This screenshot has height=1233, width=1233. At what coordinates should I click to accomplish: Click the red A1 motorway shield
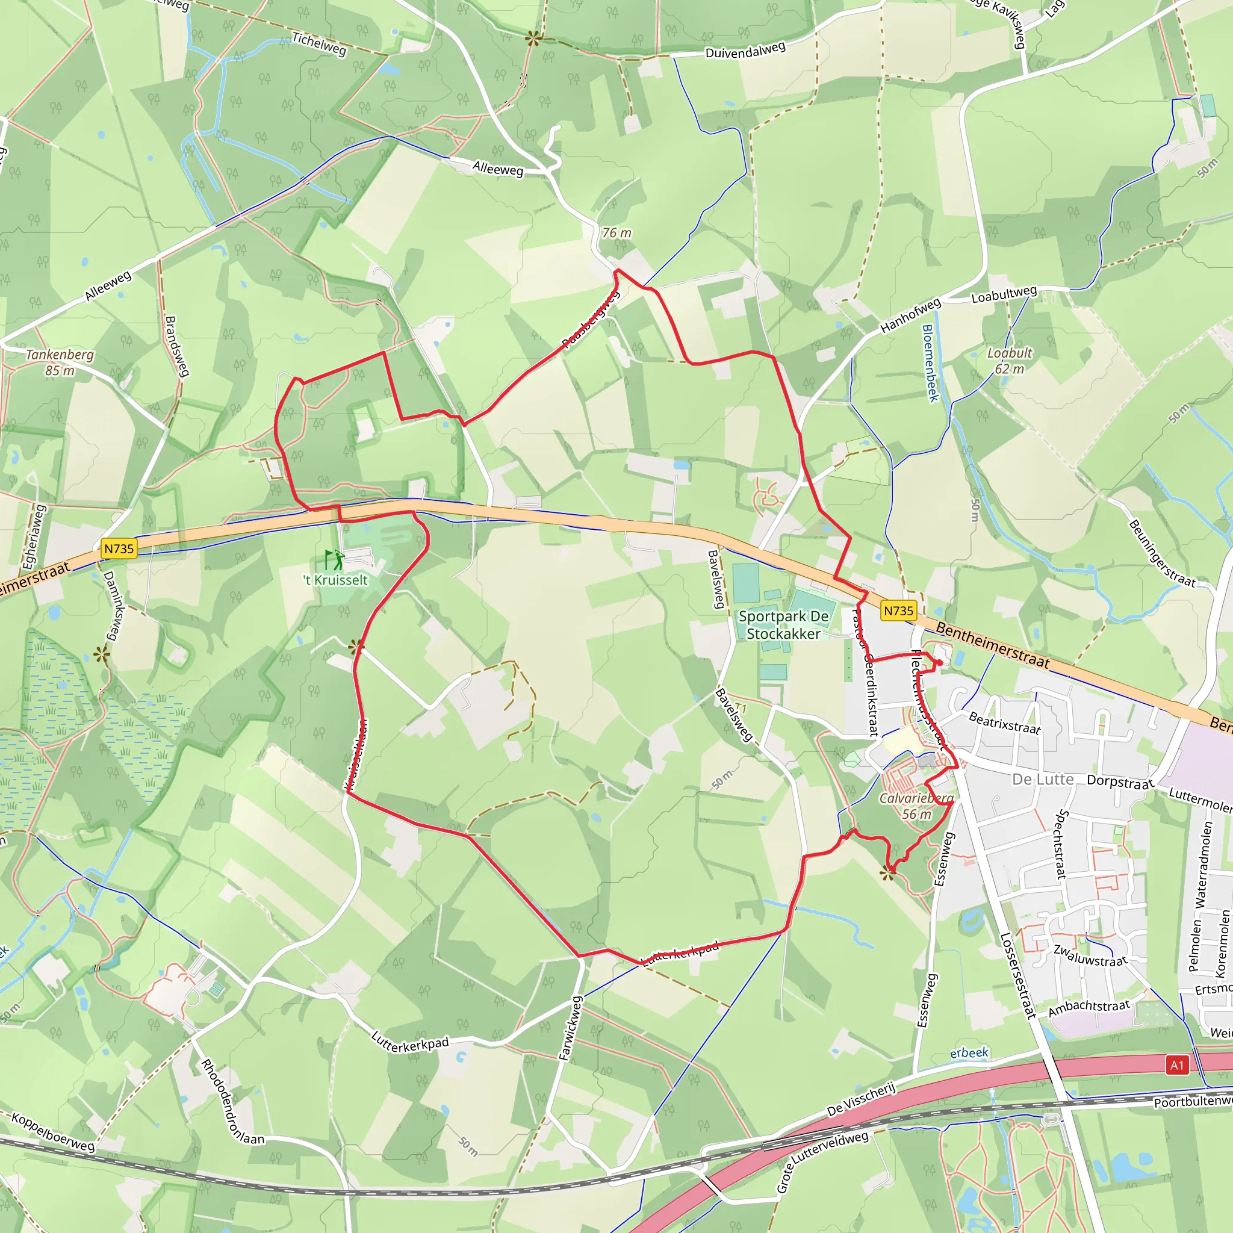[1177, 1065]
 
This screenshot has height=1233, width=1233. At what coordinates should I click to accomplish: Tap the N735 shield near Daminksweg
[119, 548]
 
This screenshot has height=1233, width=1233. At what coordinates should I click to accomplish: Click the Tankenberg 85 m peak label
[60, 362]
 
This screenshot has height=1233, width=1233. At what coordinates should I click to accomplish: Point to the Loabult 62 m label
[1009, 361]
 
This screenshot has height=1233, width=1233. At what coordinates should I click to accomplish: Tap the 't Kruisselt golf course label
[336, 580]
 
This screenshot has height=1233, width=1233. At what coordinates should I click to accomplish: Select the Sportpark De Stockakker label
[783, 625]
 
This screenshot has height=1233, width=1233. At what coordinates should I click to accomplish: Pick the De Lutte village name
[1043, 779]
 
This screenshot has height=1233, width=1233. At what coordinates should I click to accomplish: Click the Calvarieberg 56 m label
[916, 806]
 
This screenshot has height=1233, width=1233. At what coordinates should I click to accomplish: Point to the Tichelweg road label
[319, 44]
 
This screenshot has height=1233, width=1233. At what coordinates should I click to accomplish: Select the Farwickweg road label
[571, 1028]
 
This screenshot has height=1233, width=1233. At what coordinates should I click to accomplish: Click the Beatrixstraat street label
[1005, 723]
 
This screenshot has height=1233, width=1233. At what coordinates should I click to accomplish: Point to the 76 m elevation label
[616, 233]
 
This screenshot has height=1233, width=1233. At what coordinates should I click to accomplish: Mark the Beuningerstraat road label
[1161, 553]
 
